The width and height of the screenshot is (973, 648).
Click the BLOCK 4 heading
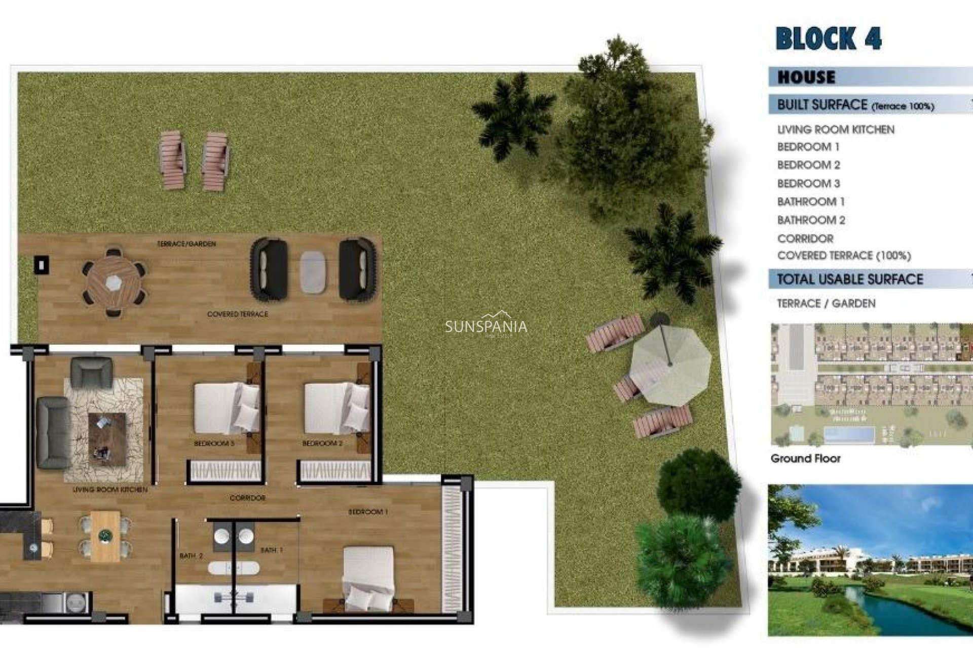[829, 39]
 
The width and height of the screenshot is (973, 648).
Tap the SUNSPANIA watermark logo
[485, 327]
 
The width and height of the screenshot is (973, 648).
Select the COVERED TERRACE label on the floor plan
[237, 314]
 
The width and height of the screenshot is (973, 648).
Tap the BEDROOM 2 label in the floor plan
[322, 443]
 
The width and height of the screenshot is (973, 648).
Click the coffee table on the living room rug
[107, 438]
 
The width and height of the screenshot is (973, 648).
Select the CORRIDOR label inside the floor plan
[247, 498]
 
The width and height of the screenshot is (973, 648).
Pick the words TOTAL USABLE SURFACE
[850, 279]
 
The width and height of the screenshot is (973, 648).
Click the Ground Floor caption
[805, 459]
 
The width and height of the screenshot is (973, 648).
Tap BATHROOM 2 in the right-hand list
[811, 220]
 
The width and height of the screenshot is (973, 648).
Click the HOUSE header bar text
[806, 77]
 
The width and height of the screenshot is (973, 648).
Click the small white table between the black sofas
[313, 272]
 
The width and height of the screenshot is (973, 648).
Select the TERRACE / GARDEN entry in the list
[826, 304]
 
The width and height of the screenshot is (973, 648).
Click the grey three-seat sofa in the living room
[53, 432]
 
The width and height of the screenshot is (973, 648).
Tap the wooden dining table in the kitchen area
[105, 536]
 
